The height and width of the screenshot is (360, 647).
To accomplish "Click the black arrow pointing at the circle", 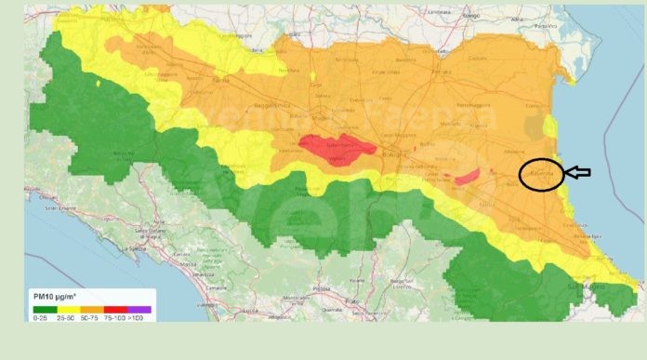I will coord(578,172).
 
